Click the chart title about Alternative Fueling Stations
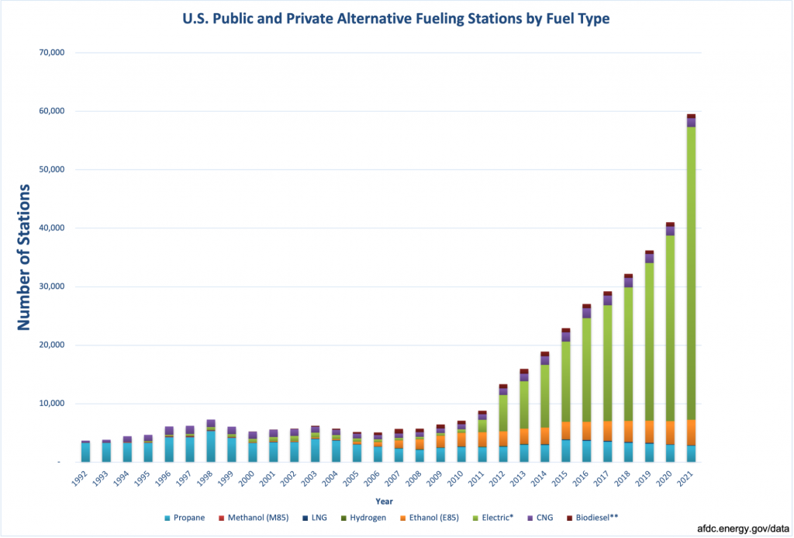(x=396, y=18)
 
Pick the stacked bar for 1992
(x=86, y=452)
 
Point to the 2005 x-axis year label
(x=354, y=477)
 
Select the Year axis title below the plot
(x=385, y=502)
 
